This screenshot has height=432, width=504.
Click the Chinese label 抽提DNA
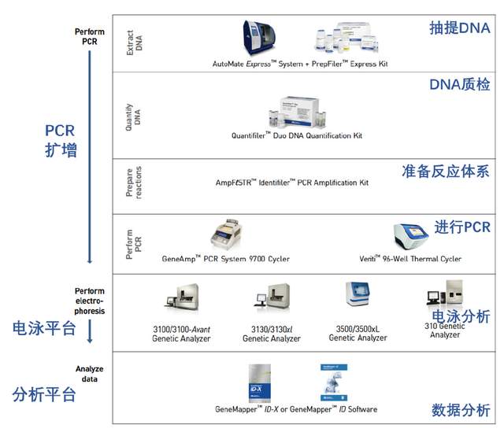click(459, 28)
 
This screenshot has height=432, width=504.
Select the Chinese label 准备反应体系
click(445, 172)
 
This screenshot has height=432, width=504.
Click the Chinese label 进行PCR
click(462, 227)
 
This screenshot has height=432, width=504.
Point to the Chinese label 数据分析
click(461, 410)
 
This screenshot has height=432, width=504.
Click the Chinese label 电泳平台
click(44, 327)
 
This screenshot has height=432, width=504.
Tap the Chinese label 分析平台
click(44, 394)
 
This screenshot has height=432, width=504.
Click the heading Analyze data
click(89, 374)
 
